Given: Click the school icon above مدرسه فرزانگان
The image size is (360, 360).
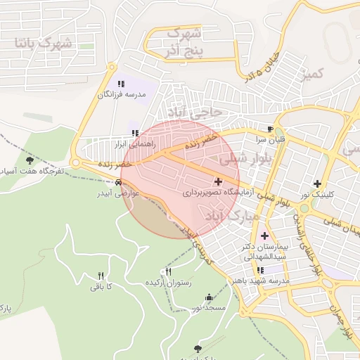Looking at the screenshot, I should tap(122, 84).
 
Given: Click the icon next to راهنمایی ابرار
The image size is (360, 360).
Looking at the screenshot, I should tap(135, 132).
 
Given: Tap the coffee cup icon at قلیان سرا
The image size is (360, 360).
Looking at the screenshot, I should tap(271, 129).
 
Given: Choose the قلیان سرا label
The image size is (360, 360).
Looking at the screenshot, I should tap(271, 139).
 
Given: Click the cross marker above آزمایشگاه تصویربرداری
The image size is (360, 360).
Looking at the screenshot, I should tap(218, 181).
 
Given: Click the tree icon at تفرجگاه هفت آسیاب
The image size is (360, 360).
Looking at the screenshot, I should tap(28, 161).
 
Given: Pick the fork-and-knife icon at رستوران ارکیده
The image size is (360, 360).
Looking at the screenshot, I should tap(167, 271).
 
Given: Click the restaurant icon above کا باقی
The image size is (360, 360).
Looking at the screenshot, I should tap(101, 275).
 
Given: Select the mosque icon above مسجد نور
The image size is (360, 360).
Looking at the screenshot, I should tap(207, 297).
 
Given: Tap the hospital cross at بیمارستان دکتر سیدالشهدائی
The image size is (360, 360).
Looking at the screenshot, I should tap(264, 236).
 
